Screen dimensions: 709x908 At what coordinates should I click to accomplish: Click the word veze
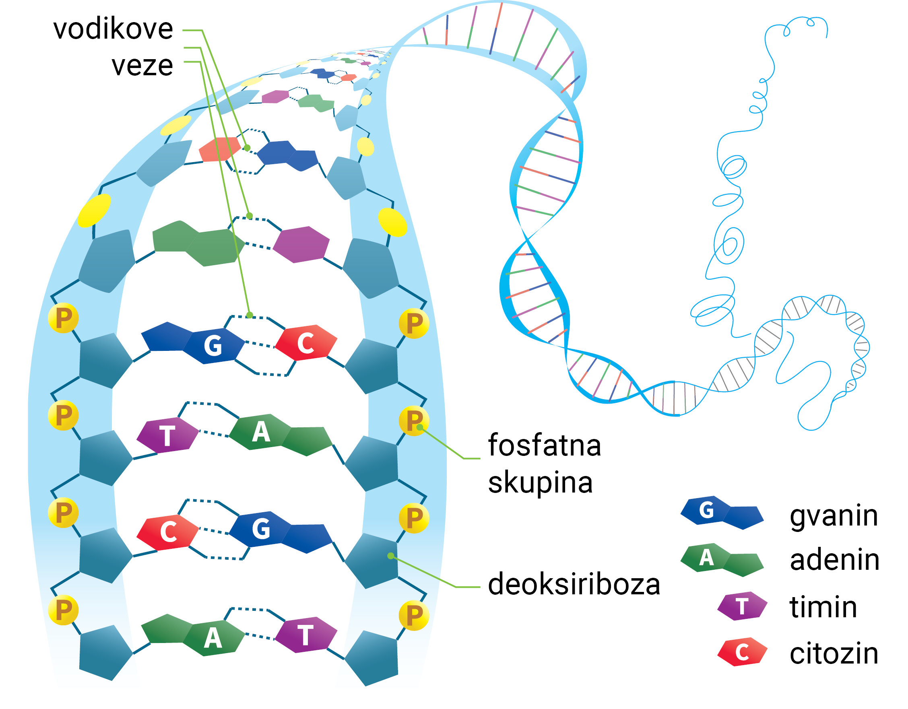[x=142, y=65]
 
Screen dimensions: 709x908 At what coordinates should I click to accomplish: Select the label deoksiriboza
[x=574, y=584]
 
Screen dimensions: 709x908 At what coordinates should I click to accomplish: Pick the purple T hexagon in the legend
[x=742, y=606]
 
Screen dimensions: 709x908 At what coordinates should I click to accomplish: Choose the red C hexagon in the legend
[x=742, y=652]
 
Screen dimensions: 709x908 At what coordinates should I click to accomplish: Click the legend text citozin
[x=834, y=653]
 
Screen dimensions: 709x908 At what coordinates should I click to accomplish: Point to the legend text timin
[x=823, y=607]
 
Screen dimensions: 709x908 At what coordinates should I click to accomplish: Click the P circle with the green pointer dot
[x=413, y=420]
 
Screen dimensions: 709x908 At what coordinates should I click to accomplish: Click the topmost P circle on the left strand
[x=63, y=318]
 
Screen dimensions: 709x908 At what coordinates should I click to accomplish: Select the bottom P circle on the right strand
[x=413, y=615]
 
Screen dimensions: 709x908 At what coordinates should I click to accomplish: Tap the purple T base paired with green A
[x=167, y=435]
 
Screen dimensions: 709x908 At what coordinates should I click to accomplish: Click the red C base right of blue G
[x=306, y=343]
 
